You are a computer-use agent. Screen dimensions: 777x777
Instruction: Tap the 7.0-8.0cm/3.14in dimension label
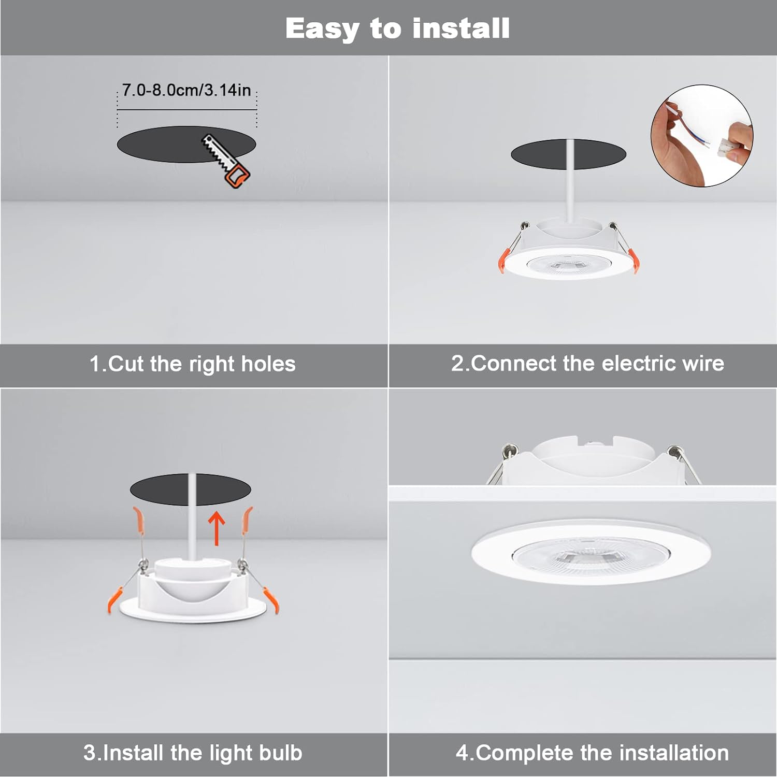click(186, 90)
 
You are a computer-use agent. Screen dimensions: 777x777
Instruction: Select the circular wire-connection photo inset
click(702, 136)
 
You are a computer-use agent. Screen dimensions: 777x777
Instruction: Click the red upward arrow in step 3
click(217, 528)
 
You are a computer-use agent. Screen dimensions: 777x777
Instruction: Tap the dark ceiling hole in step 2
click(539, 154)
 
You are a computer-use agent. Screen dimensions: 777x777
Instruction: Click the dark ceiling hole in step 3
click(161, 489)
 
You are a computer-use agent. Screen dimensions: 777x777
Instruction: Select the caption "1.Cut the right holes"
click(193, 364)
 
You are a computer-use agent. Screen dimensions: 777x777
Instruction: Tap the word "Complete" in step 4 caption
click(524, 753)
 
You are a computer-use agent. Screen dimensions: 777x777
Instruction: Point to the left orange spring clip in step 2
click(505, 259)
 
